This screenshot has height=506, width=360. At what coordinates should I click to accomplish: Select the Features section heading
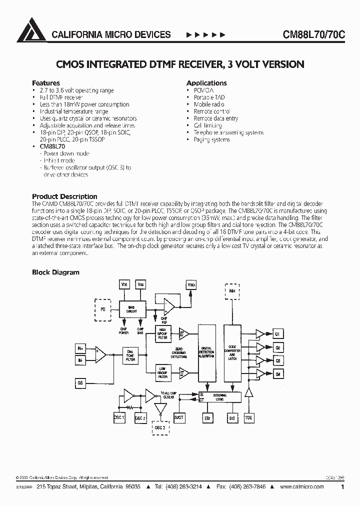(x=46, y=83)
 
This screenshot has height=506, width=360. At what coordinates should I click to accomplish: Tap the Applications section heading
(x=206, y=83)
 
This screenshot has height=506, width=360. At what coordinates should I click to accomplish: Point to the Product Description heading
(x=64, y=196)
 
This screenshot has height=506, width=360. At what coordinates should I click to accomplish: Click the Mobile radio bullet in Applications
(x=209, y=104)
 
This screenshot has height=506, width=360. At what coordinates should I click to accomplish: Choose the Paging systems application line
(x=212, y=139)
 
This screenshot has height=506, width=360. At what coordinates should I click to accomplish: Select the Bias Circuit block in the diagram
(x=131, y=309)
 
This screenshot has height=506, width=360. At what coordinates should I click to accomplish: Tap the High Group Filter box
(x=163, y=334)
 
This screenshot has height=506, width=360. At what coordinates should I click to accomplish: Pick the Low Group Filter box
(x=163, y=372)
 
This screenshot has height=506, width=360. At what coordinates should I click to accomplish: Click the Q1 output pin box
(x=278, y=333)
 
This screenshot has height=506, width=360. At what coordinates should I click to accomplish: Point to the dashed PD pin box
(x=103, y=310)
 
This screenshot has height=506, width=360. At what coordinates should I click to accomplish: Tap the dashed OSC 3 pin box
(x=160, y=428)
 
